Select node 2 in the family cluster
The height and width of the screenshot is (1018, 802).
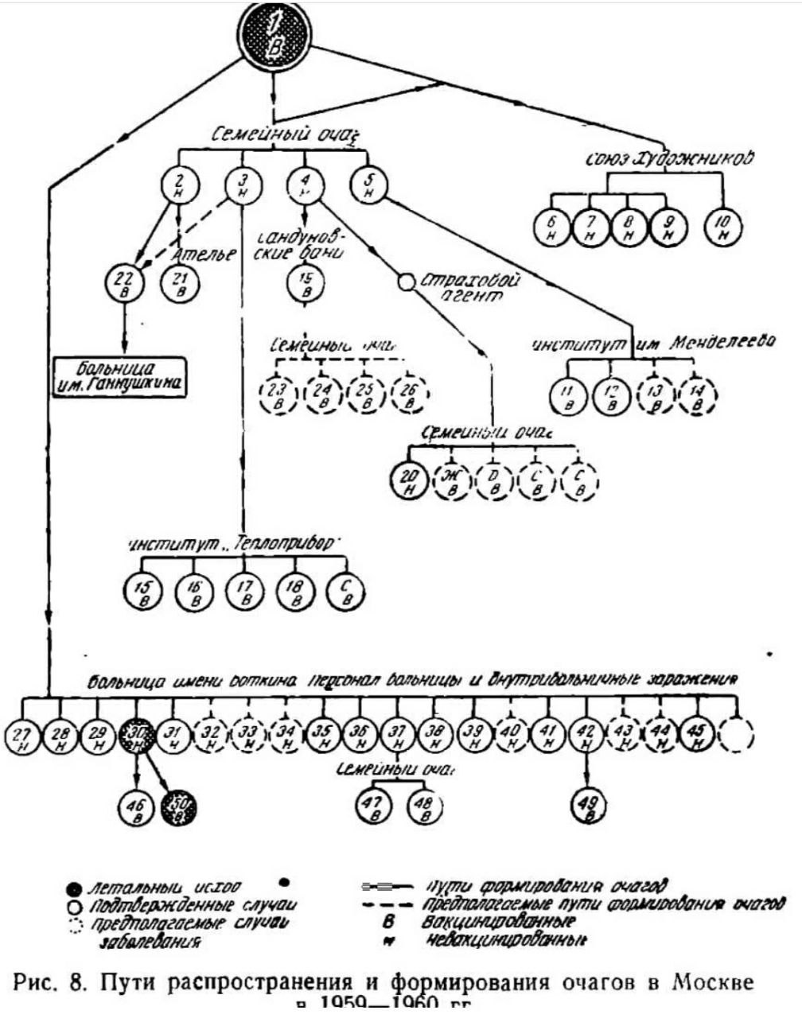pos(176,185)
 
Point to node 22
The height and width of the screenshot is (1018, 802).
pos(123,281)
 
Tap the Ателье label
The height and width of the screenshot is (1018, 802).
pos(204,254)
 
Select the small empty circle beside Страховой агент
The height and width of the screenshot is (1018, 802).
pos(407,282)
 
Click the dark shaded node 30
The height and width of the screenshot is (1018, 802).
pos(138,737)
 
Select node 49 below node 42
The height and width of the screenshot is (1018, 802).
pos(588,807)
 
